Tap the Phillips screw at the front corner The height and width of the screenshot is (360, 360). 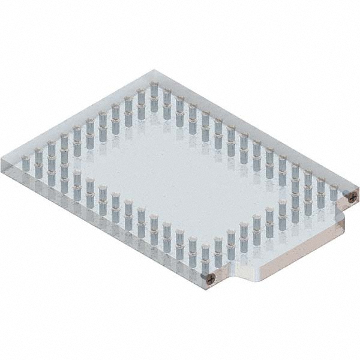point(211,278)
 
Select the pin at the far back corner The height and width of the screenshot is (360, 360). point(154,90)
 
